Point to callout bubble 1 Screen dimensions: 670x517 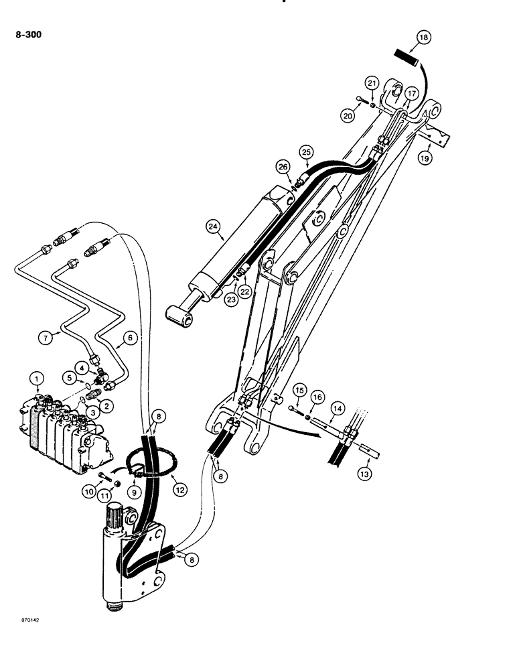[38, 383]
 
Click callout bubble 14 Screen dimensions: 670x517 [338, 408]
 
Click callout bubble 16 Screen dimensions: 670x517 [318, 397]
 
